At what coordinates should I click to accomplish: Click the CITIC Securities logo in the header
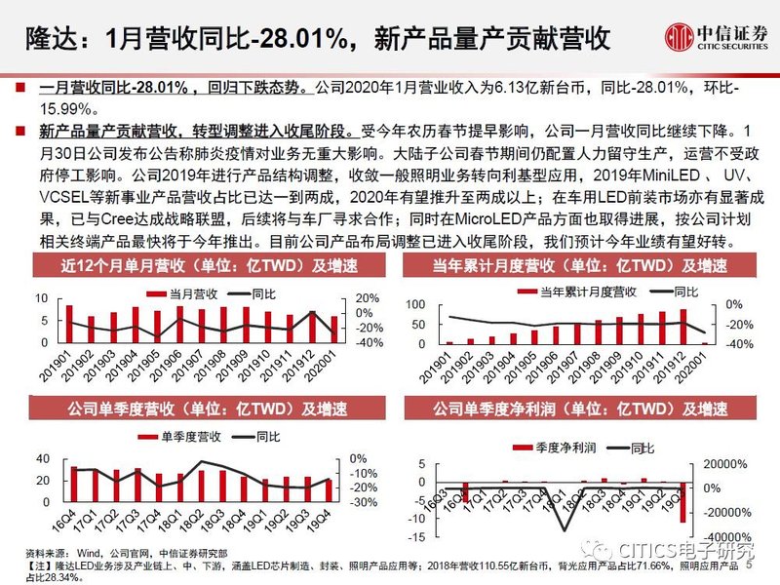[x=716, y=38]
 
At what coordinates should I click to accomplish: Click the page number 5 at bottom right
[x=750, y=563]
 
